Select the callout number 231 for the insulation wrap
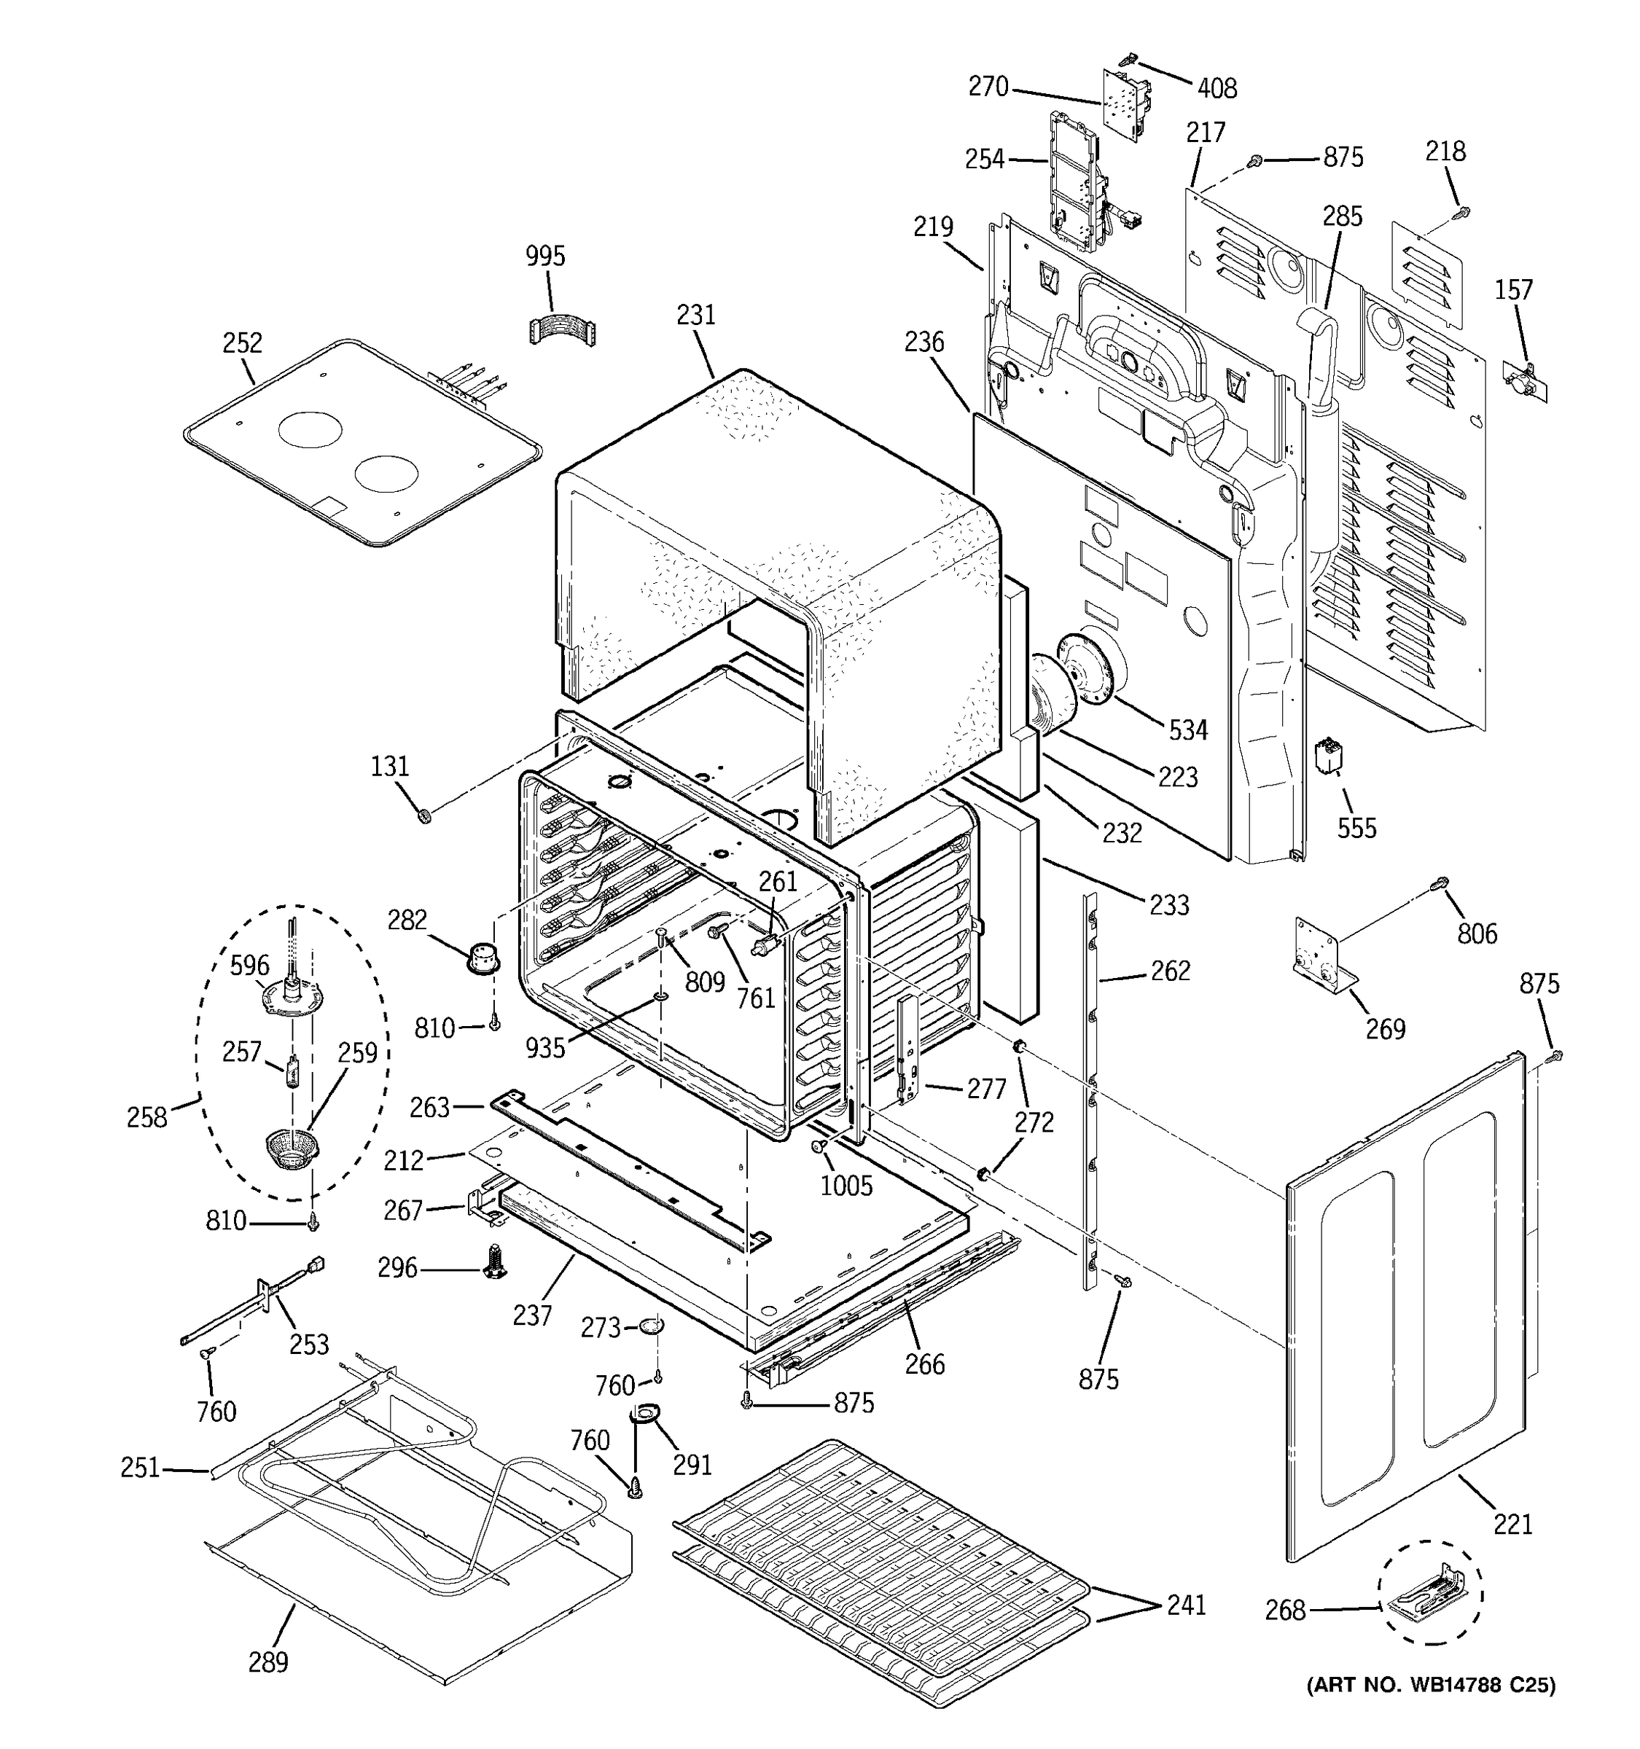(x=696, y=315)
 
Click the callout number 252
(x=242, y=343)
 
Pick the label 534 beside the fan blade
(x=1188, y=729)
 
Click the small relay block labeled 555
(x=1327, y=756)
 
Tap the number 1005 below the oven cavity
(x=846, y=1185)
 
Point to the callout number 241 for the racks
(x=1186, y=1605)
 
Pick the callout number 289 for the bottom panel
(x=268, y=1662)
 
